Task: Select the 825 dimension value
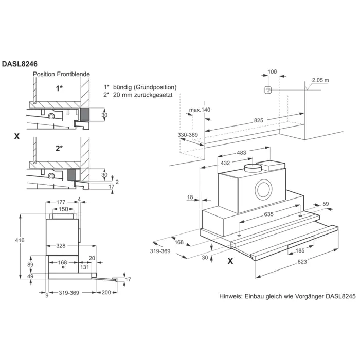tap(258, 120)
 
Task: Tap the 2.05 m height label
tap(320, 81)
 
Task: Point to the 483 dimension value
tap(242, 153)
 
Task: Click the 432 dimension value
tap(225, 163)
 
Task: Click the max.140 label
tap(200, 110)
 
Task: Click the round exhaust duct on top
tap(253, 168)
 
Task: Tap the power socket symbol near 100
tap(268, 90)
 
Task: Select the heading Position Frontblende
tap(61, 74)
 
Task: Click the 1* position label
tap(60, 88)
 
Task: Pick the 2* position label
tap(60, 148)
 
